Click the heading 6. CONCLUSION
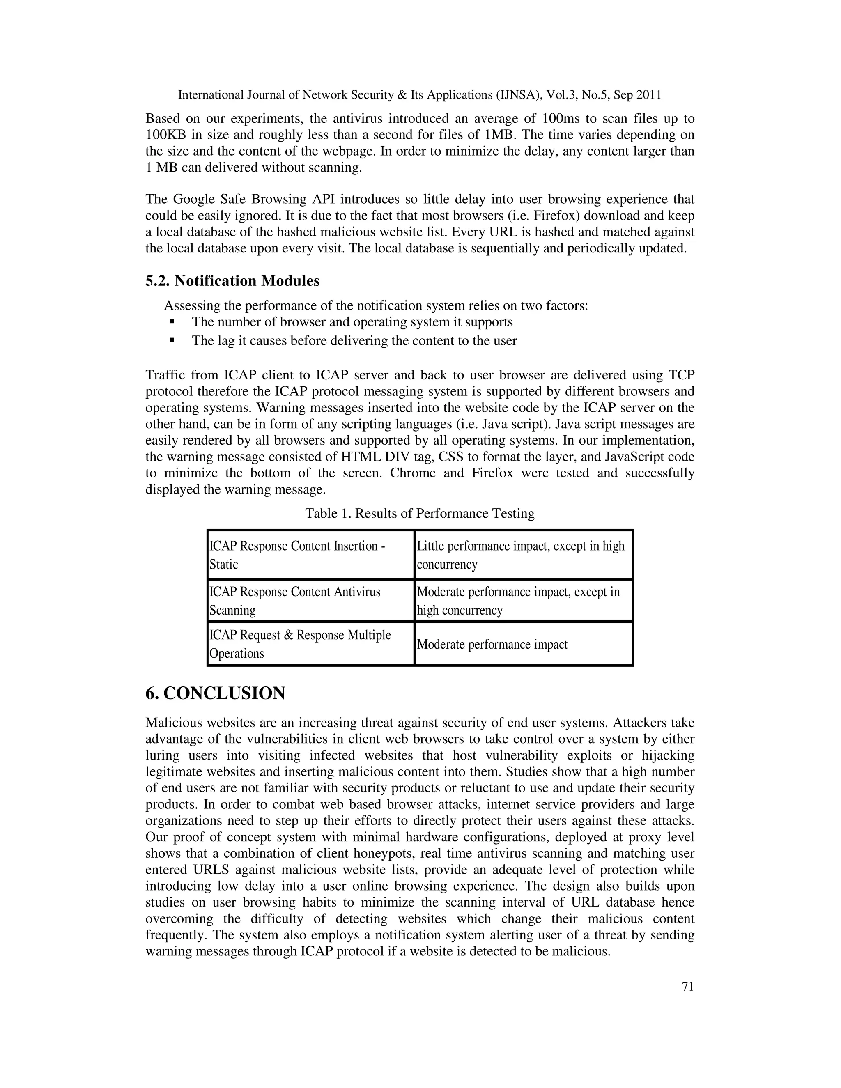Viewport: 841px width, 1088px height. point(215,693)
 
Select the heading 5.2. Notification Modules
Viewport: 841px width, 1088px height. point(232,281)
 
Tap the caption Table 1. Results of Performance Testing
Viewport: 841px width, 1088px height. point(420,513)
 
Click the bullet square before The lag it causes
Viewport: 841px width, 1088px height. point(172,341)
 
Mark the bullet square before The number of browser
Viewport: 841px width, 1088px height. point(172,322)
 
